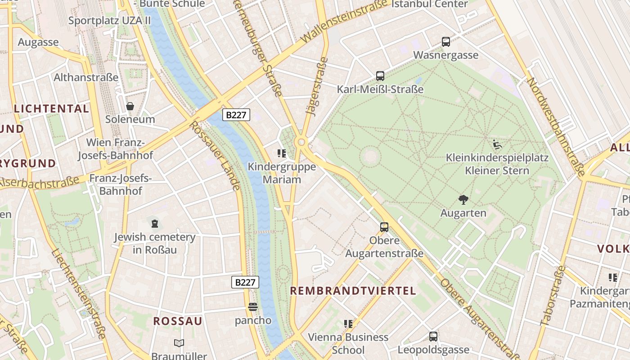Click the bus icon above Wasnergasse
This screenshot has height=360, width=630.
click(x=446, y=42)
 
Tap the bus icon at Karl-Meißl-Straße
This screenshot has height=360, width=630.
click(x=380, y=76)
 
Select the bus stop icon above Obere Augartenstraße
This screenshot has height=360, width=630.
click(x=384, y=227)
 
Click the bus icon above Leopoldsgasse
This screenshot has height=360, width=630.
click(x=433, y=336)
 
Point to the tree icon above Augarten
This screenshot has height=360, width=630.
click(x=463, y=200)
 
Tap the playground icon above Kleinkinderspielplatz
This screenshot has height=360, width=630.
click(x=497, y=145)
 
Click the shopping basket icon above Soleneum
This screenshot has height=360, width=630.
click(x=130, y=106)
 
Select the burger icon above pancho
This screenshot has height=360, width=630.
click(x=253, y=307)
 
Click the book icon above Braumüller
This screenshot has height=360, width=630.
click(x=179, y=343)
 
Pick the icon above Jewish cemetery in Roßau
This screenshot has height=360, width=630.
click(x=154, y=224)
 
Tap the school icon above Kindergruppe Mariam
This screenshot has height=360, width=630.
click(x=282, y=154)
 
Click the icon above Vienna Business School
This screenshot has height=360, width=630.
click(x=348, y=324)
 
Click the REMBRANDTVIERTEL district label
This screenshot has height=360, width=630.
click(x=353, y=291)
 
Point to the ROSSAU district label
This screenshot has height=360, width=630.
click(x=178, y=321)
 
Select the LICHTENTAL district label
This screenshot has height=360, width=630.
click(x=51, y=108)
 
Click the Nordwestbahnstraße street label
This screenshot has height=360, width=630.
click(x=556, y=127)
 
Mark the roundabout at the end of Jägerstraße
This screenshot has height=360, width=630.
click(x=301, y=142)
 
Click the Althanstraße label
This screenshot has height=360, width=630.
click(x=86, y=77)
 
